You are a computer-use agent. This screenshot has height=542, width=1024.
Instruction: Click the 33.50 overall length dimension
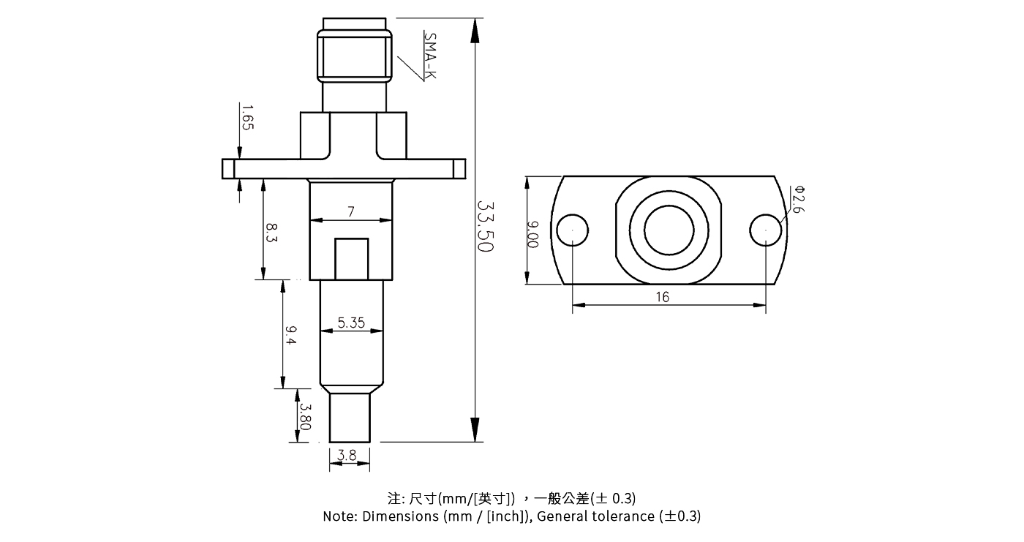point(485,227)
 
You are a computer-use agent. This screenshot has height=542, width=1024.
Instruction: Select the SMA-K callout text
point(429,55)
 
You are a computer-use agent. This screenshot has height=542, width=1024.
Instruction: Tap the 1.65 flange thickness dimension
point(246,117)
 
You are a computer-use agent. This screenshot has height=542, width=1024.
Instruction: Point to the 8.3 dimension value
point(272,234)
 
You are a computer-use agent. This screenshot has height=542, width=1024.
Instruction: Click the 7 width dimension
point(351,212)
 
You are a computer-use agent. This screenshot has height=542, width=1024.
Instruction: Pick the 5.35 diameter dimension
point(351,323)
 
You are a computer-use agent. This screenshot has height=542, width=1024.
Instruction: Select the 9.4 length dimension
point(290,336)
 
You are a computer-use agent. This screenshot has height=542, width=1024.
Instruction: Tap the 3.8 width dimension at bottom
point(348,456)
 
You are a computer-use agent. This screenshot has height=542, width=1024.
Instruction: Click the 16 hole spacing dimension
point(662,297)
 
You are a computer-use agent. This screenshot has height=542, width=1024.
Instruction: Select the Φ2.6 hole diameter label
point(798,199)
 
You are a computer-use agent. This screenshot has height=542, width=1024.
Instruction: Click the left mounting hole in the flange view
point(572,230)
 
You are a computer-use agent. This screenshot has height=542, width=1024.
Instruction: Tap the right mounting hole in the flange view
point(766,230)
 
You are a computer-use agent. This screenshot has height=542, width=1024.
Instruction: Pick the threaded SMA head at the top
point(353,56)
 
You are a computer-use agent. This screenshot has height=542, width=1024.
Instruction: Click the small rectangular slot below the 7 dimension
point(352,259)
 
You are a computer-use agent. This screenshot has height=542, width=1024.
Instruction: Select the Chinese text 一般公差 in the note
point(561,499)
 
